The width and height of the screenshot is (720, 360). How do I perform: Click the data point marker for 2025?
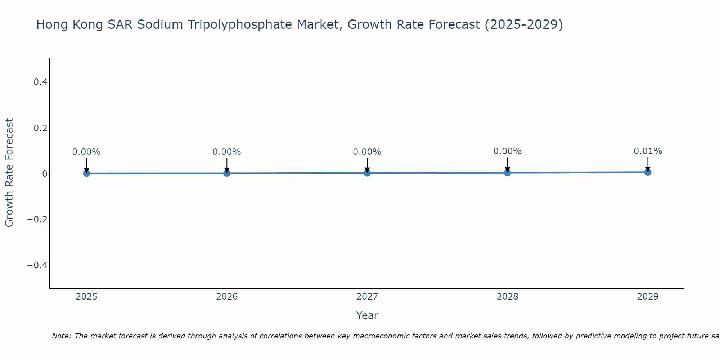86,174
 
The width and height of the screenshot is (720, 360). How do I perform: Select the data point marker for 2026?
227,173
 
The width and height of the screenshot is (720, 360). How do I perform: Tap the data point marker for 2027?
367,173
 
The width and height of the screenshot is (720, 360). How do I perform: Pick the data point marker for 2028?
507,172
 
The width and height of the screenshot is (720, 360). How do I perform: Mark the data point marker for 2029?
648,172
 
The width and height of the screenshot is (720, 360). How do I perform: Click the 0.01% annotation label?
648,151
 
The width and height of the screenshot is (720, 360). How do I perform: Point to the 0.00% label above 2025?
86,152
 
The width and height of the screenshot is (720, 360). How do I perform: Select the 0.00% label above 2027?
367,152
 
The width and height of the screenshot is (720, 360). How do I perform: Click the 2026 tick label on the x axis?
227,297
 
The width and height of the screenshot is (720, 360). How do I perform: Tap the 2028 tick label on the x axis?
507,297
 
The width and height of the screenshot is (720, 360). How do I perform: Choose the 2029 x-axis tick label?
648,297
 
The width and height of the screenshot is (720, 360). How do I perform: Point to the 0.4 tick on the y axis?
40,82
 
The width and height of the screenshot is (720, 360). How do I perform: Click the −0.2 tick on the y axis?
37,219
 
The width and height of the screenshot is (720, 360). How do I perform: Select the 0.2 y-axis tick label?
40,128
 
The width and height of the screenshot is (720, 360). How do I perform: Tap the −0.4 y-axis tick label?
37,265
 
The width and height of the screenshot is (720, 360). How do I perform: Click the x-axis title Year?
367,315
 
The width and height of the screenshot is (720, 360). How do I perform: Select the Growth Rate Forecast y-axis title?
9,173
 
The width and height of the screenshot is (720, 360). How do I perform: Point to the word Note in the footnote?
61,336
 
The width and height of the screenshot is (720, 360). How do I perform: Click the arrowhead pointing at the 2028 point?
507,169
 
